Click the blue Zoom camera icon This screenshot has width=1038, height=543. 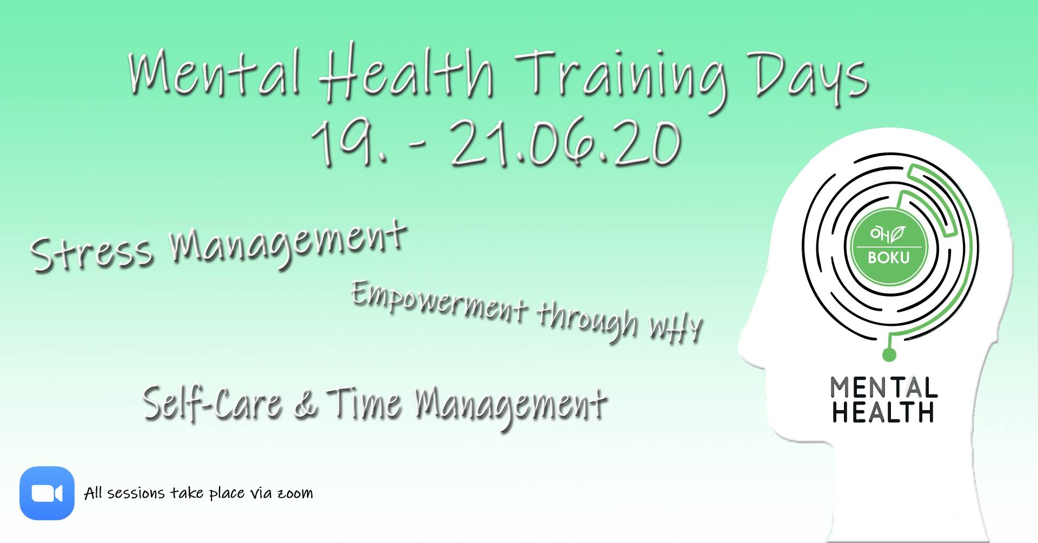(x=47, y=493)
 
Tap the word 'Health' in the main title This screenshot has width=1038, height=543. (x=406, y=73)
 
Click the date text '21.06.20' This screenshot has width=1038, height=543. (x=565, y=144)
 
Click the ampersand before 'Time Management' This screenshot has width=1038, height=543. (x=306, y=406)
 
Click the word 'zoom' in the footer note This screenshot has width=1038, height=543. (x=295, y=493)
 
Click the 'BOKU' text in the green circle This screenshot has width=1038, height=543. (x=889, y=258)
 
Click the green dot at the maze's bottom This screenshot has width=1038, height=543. (x=889, y=354)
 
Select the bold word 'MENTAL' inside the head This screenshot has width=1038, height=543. (x=884, y=388)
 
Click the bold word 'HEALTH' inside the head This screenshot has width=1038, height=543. (x=883, y=412)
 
